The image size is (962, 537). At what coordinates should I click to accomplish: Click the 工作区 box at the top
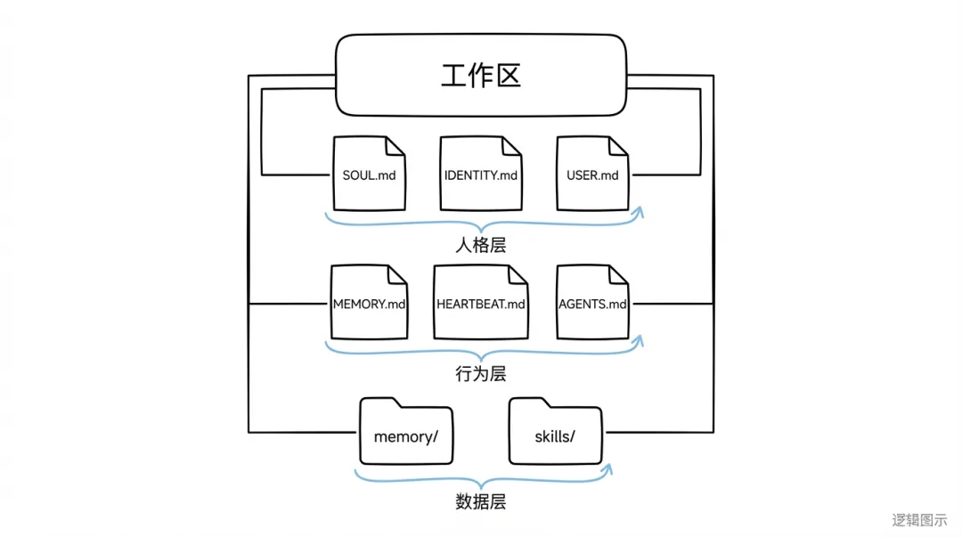click(480, 76)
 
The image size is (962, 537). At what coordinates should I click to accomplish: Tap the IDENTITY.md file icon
click(480, 174)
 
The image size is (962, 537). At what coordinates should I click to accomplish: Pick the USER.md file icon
click(592, 174)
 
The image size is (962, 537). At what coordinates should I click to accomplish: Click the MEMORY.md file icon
click(369, 303)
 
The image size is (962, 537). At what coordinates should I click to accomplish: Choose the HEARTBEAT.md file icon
click(480, 303)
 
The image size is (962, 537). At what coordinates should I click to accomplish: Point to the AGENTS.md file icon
click(592, 303)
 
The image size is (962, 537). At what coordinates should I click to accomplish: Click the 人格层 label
click(480, 245)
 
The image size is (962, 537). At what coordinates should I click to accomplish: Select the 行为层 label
click(480, 374)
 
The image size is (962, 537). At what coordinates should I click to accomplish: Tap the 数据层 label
click(480, 502)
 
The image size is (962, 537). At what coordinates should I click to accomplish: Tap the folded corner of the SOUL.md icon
click(395, 144)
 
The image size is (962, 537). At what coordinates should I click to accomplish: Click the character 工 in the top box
click(453, 76)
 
